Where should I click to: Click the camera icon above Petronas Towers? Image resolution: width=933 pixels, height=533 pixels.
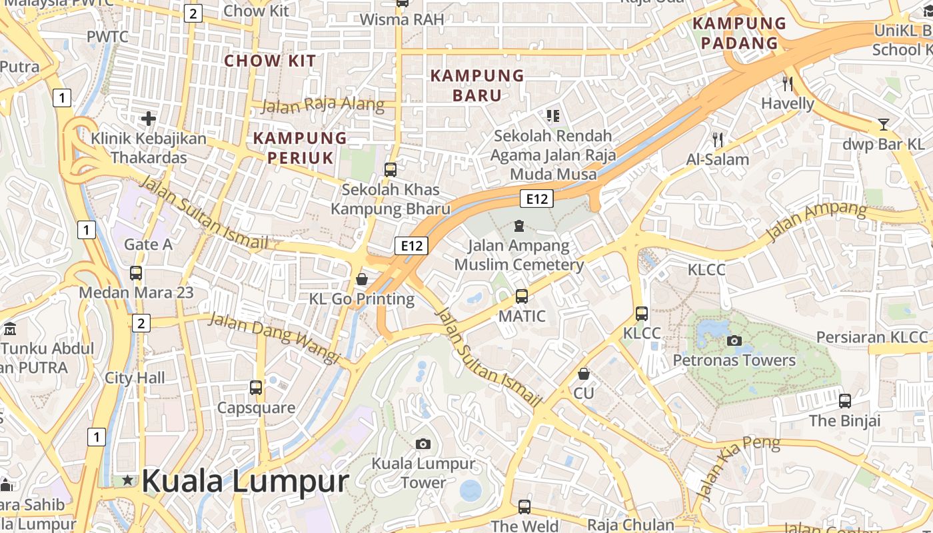point(734,341)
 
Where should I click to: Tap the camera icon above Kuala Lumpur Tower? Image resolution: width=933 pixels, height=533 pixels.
point(423,444)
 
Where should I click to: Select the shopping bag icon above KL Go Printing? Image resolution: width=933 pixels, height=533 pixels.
point(362,278)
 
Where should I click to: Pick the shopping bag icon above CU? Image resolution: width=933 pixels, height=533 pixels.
point(584,374)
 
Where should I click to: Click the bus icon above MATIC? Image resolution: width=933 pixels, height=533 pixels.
point(522,296)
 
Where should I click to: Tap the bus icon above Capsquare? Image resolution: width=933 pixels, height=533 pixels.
point(256,388)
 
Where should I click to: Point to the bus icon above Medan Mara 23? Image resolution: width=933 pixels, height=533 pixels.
point(136,273)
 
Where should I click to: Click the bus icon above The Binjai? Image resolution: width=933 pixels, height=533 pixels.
point(845,401)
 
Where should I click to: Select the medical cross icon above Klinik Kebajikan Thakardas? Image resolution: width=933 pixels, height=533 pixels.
point(149,119)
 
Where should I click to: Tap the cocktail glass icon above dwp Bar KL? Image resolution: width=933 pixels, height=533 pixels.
point(884,125)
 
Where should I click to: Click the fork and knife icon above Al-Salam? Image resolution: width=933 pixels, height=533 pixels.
point(718,140)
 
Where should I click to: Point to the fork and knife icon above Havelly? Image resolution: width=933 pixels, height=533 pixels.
point(788,84)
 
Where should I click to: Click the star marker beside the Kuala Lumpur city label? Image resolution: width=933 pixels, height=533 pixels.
point(127,480)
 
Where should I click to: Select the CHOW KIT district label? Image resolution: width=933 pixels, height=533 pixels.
point(270,61)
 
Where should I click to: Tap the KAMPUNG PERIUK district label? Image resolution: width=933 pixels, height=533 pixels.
point(301,148)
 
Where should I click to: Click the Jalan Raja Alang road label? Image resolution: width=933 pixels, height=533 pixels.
point(323,105)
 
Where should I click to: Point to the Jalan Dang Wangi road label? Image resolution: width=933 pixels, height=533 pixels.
point(275,337)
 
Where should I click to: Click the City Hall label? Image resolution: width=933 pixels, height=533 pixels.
point(135,378)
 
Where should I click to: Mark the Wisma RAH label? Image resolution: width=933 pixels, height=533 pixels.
point(402,19)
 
